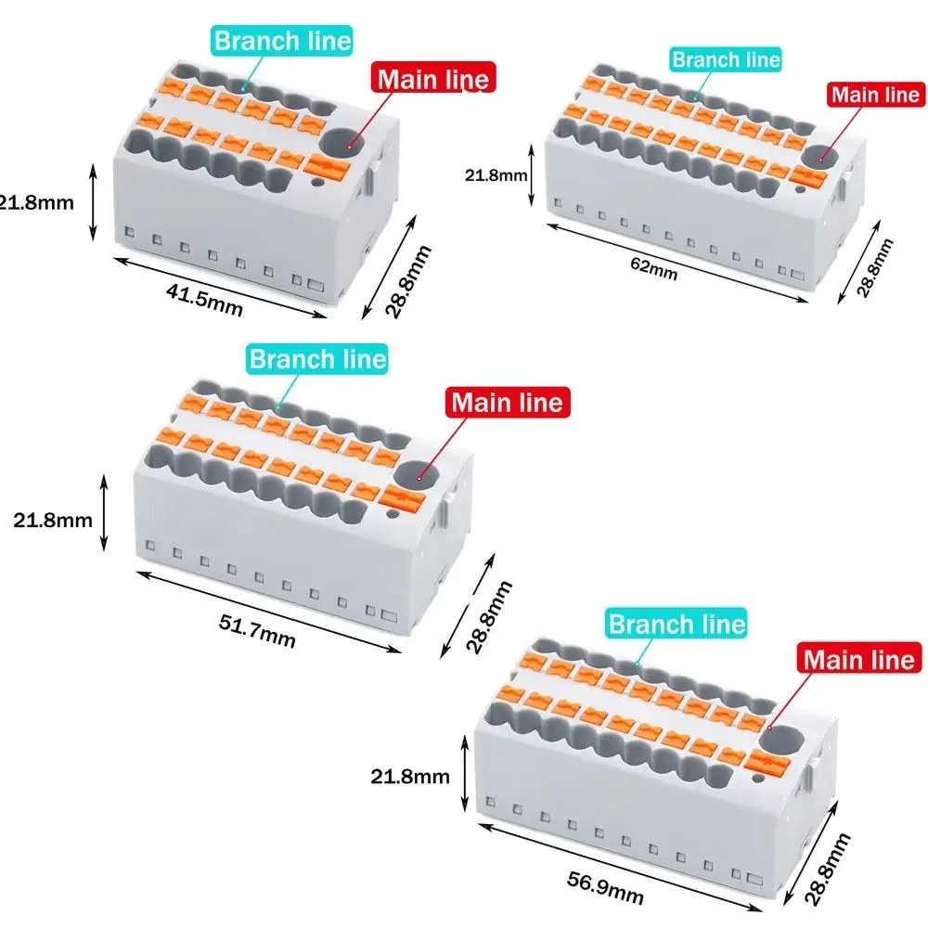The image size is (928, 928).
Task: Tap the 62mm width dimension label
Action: pos(655,270)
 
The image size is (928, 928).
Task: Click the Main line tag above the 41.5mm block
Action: pos(431,79)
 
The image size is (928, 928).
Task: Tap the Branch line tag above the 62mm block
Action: pos(727,59)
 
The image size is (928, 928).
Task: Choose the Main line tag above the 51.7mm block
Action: pos(507,403)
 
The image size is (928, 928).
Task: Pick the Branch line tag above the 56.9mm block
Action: pos(677,624)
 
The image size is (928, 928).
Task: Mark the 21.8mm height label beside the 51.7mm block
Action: pos(53,520)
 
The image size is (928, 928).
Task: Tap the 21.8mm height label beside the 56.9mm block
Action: pos(409,777)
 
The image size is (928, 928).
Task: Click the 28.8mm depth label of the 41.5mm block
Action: pos(408,282)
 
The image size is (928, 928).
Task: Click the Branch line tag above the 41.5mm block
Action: pos(282,41)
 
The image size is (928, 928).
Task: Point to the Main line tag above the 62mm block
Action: pos(875,95)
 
